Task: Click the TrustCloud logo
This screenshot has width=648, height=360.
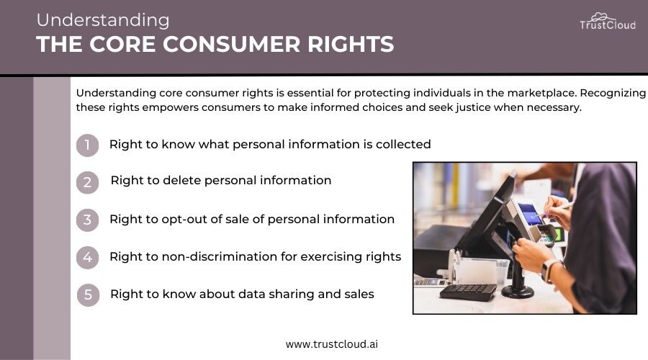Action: (608, 22)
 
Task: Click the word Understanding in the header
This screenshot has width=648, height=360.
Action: (103, 20)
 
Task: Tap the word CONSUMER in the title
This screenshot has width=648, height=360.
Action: (231, 44)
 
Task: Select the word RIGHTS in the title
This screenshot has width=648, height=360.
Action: (351, 44)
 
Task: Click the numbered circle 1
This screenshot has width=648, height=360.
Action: (87, 145)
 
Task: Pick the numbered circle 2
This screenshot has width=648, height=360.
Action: (87, 182)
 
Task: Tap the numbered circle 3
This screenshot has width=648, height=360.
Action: (87, 220)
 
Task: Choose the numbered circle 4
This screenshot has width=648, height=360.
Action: (87, 258)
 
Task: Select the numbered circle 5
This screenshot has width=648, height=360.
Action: (88, 294)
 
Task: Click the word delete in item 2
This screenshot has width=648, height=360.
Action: (182, 180)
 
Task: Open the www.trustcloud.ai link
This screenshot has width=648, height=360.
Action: (332, 344)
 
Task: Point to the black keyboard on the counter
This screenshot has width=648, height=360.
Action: (468, 292)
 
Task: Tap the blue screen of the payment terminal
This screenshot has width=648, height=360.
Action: (531, 214)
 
